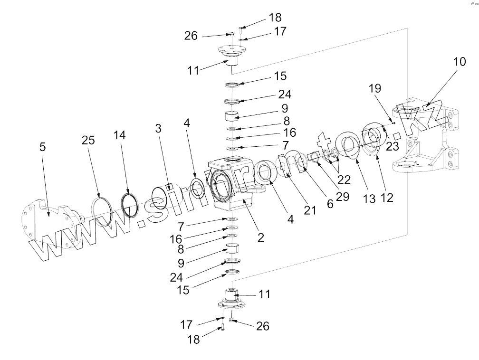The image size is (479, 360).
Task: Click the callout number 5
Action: point(43,147)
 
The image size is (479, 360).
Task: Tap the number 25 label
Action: point(88,141)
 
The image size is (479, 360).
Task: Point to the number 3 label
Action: point(158,129)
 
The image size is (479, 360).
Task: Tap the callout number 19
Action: point(374,88)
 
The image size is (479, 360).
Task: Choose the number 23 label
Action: point(392,146)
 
